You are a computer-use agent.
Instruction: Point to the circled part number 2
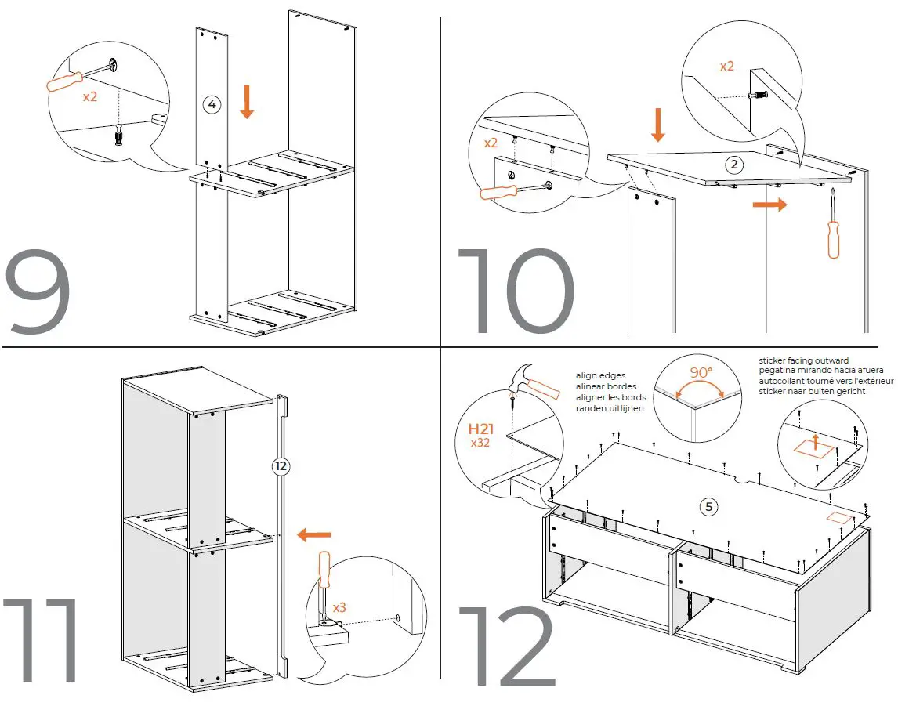(733, 165)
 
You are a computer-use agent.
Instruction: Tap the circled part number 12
(280, 466)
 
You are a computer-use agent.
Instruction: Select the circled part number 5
(708, 507)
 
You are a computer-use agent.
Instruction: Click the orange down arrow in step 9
(247, 103)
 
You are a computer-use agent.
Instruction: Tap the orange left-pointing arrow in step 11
(314, 535)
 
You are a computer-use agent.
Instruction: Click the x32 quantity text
(480, 443)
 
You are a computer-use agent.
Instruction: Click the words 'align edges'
(602, 376)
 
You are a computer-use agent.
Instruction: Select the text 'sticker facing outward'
(803, 361)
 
